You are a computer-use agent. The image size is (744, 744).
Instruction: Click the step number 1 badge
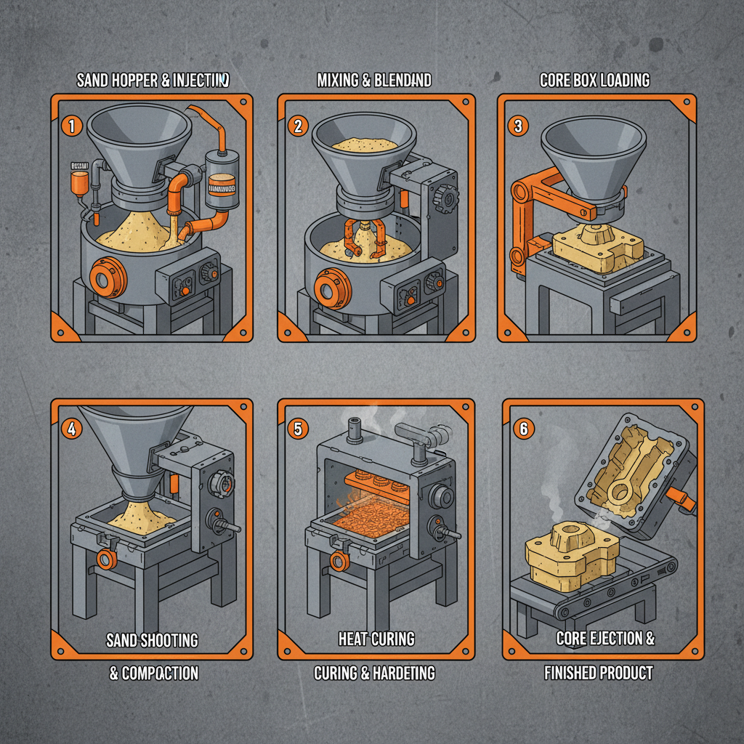(71, 126)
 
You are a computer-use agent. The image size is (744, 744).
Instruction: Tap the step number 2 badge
(297, 126)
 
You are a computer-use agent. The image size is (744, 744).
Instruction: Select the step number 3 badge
(517, 126)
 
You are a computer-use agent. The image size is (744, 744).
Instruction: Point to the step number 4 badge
(71, 428)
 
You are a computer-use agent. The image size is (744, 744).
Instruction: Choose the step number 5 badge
(297, 428)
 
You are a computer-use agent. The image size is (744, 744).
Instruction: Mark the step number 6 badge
(522, 429)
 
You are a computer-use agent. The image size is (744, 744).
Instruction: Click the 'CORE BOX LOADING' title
(595, 80)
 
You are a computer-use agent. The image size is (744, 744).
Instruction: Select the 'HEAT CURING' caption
(376, 639)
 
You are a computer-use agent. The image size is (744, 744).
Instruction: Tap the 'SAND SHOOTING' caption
(152, 640)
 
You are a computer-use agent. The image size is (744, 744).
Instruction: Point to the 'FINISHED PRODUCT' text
(599, 674)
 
